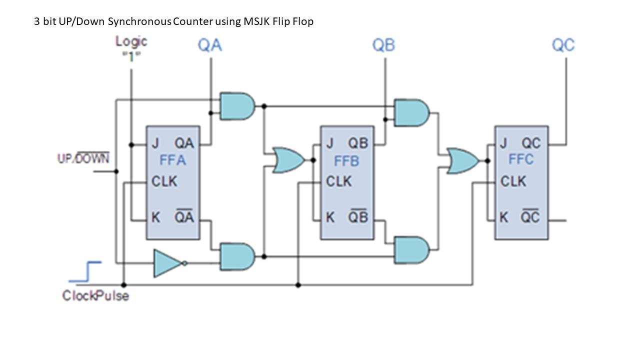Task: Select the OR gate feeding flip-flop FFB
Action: pyautogui.click(x=287, y=160)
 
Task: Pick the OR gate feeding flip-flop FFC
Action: pyautogui.click(x=462, y=160)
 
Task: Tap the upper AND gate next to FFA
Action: pyautogui.click(x=237, y=106)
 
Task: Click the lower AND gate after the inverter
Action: pyautogui.click(x=237, y=256)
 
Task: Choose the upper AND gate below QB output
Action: pyautogui.click(x=411, y=113)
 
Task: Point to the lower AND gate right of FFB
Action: pyautogui.click(x=411, y=250)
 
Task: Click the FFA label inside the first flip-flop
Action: pyautogui.click(x=172, y=161)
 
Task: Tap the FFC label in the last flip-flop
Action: pyautogui.click(x=521, y=159)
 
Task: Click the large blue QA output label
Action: pyautogui.click(x=210, y=45)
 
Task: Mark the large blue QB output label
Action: pyautogui.click(x=383, y=45)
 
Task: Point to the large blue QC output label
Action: pyautogui.click(x=563, y=45)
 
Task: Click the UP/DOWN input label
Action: pyautogui.click(x=83, y=159)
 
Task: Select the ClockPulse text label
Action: pyautogui.click(x=95, y=296)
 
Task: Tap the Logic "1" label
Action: pyautogui.click(x=131, y=48)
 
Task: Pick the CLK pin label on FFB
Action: pyautogui.click(x=338, y=181)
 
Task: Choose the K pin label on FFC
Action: pyautogui.click(x=504, y=217)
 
